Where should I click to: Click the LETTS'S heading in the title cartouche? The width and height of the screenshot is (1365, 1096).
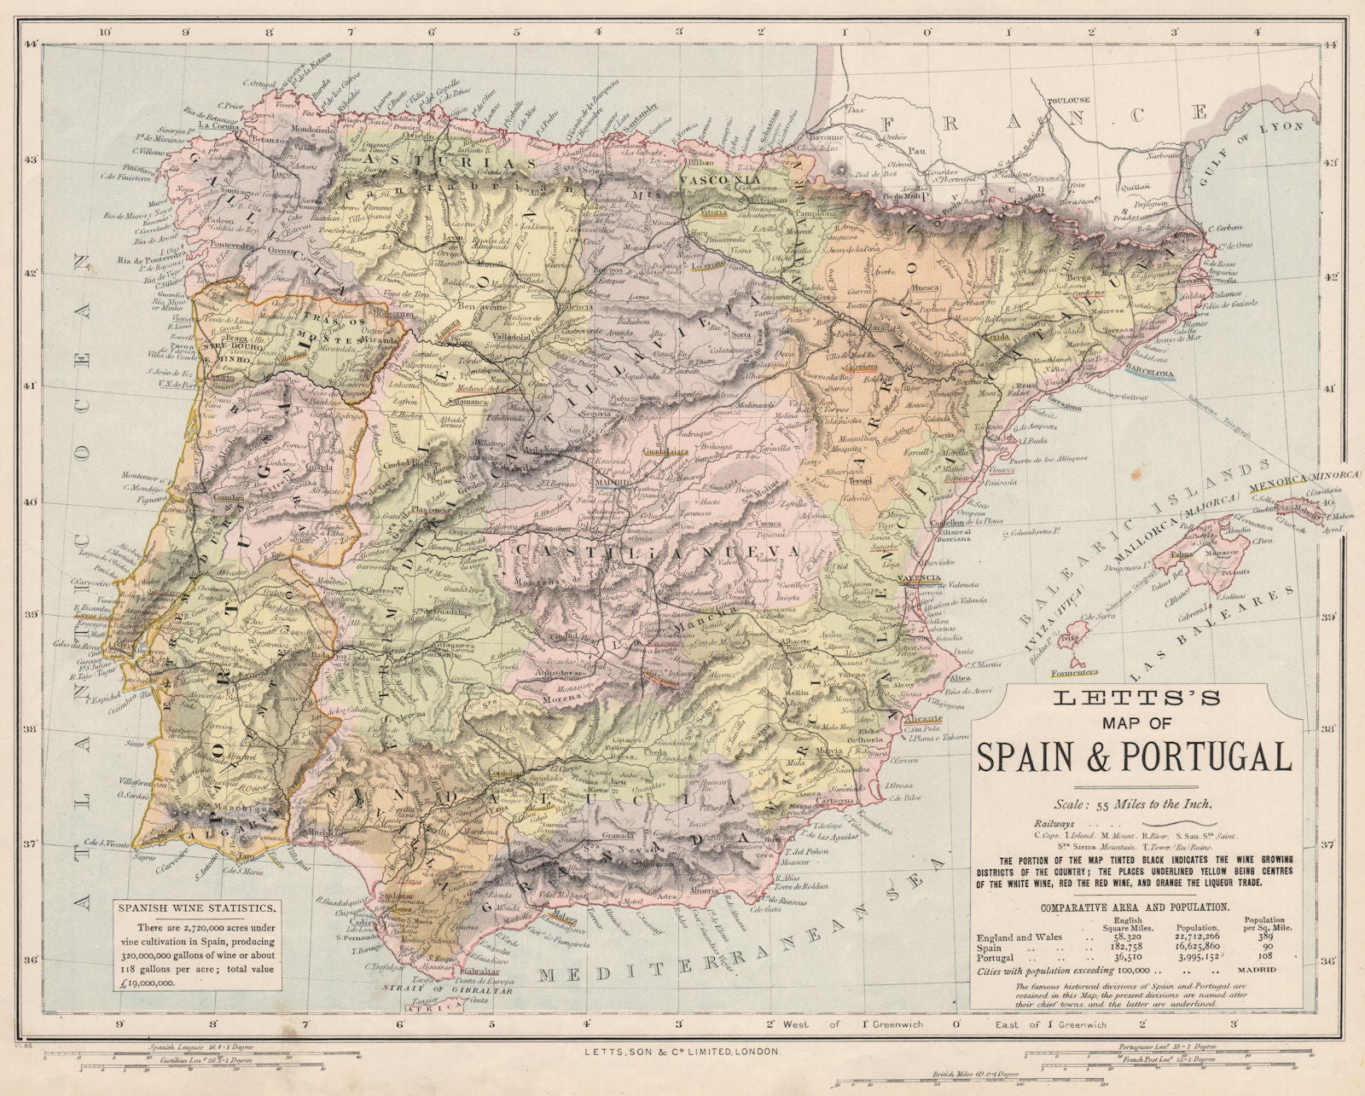tap(1130, 698)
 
